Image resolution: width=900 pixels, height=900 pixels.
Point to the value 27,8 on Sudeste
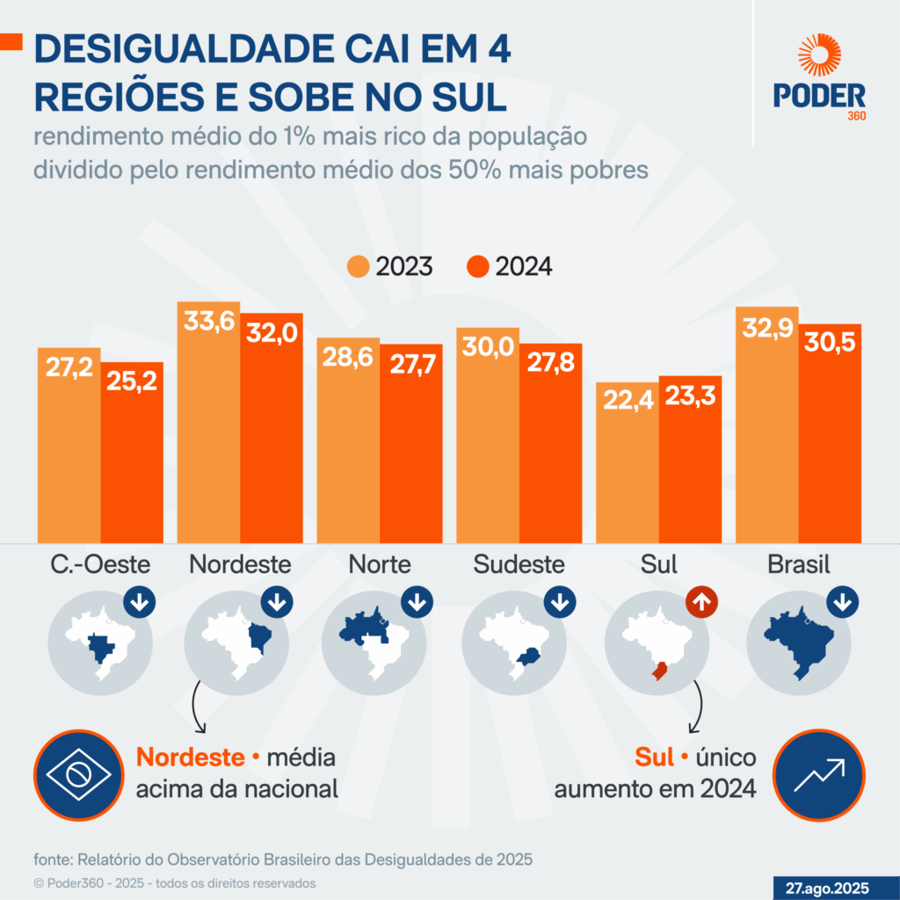pyautogui.click(x=550, y=364)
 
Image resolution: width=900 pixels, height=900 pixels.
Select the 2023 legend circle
pyautogui.click(x=359, y=266)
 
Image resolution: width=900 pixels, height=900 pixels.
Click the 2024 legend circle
pyautogui.click(x=478, y=266)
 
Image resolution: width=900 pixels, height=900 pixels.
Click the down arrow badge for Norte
pyautogui.click(x=417, y=602)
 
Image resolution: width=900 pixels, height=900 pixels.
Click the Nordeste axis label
pyautogui.click(x=240, y=564)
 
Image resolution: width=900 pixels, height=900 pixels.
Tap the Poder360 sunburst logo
pyautogui.click(x=819, y=56)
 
